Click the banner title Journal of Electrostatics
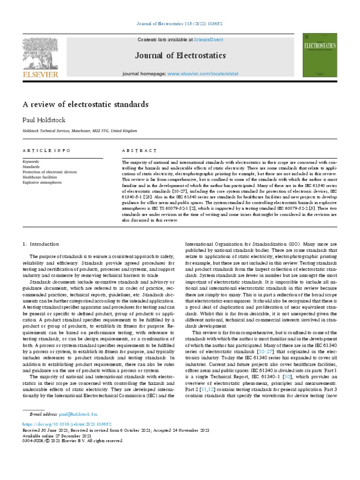(174, 56)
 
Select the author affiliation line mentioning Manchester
(80, 131)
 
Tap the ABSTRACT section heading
(140, 150)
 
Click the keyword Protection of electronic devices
(50, 172)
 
